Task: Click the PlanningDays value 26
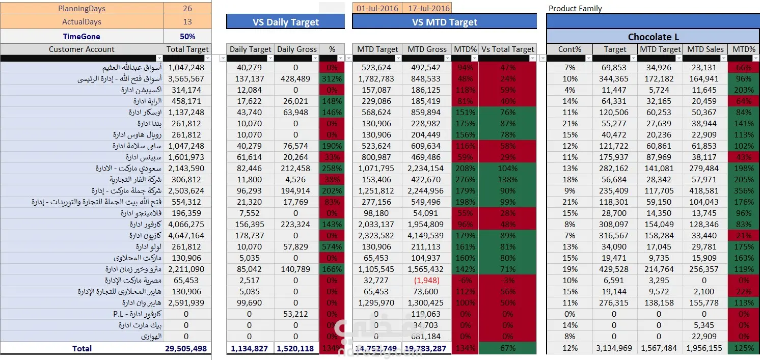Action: point(187,9)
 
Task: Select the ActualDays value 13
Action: point(187,22)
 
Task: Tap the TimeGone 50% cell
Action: point(187,37)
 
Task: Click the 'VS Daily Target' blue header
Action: point(285,22)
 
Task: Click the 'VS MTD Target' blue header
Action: point(444,22)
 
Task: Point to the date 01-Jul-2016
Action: point(377,9)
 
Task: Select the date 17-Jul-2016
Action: point(427,9)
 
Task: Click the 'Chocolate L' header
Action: point(653,37)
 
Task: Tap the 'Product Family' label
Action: point(575,9)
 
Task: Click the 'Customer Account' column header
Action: point(82,49)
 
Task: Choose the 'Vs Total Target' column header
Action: point(507,49)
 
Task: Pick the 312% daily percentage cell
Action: point(332,79)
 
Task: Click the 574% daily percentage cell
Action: point(332,247)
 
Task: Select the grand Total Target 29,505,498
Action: point(186,349)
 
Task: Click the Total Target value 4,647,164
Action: point(186,236)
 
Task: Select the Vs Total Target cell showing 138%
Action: point(507,180)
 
